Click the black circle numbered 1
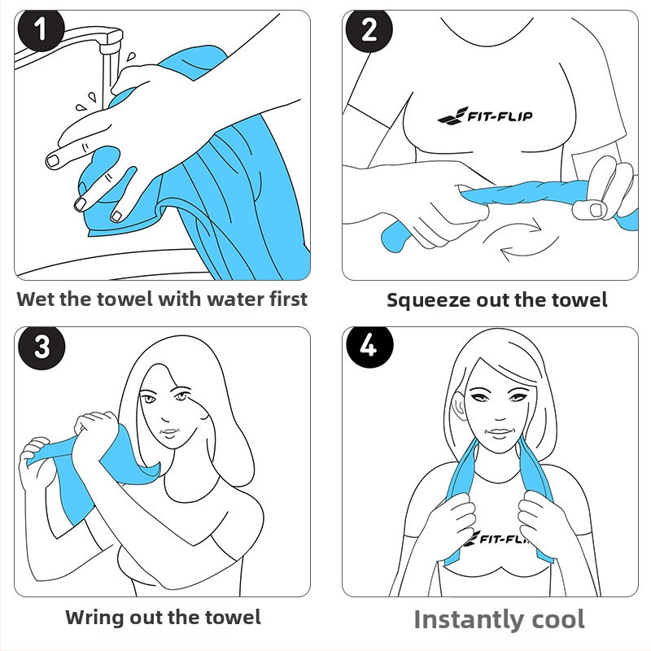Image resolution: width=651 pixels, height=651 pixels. tap(41, 29)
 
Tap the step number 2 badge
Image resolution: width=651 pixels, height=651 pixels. tap(369, 29)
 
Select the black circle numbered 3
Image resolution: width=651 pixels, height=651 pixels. tap(42, 347)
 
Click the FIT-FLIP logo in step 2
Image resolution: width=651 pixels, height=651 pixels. tap(485, 116)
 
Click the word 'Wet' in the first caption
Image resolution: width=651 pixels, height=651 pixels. tap(36, 299)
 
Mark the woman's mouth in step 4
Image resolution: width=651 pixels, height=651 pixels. tap(500, 433)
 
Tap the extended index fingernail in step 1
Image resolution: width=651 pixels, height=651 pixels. tap(53, 160)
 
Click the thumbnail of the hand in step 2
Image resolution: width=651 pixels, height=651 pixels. tap(596, 210)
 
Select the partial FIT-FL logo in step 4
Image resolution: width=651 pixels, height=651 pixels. tap(496, 538)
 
